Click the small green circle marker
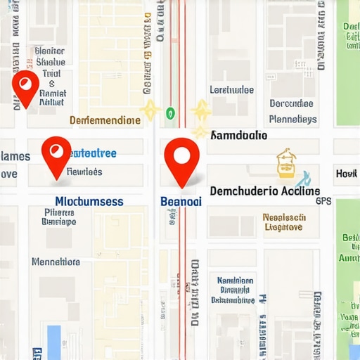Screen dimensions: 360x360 point(169,112)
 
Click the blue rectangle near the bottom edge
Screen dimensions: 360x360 point(54,342)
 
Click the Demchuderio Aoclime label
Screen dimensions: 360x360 point(265,191)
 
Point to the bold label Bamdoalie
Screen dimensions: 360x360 point(239,134)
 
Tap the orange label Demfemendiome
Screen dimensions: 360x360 point(105,120)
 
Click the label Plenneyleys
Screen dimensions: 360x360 point(292,120)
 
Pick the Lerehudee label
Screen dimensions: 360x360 point(232,89)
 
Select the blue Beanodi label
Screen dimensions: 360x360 point(181,200)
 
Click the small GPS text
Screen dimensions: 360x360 point(323,200)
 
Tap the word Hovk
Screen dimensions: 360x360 point(347,173)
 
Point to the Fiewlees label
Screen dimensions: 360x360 point(84,172)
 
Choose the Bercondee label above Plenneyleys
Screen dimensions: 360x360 point(291,103)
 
